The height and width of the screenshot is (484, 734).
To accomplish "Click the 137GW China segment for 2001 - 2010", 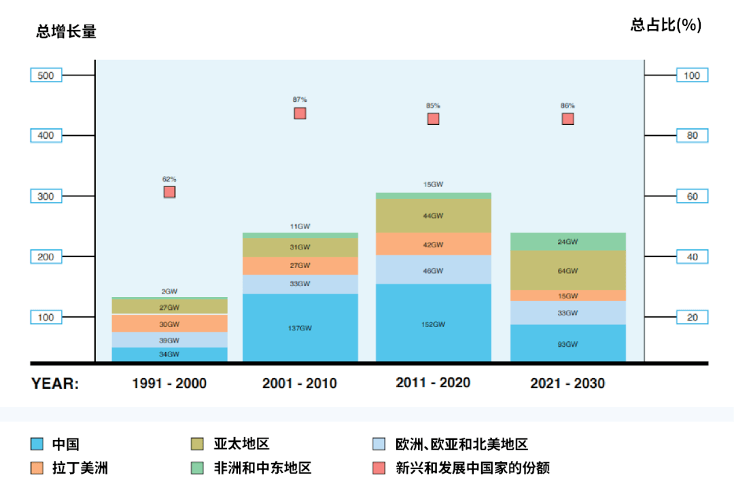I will [x=300, y=328].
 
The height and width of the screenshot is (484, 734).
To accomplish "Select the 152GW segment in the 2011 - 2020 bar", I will [x=433, y=324].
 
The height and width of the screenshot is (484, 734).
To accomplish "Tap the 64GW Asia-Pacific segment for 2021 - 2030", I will [x=567, y=271].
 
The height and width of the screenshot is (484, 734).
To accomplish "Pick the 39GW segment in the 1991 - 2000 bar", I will [x=170, y=340].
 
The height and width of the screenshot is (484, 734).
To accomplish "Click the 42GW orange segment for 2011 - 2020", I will [x=433, y=244].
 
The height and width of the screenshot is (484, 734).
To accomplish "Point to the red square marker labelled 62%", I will [x=169, y=192].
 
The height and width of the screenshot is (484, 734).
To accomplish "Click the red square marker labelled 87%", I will [x=300, y=113].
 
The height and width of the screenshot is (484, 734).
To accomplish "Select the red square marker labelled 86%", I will [x=567, y=119].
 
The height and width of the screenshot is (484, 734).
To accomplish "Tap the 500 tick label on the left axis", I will [x=46, y=75].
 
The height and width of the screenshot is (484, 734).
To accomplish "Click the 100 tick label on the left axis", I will [x=46, y=317].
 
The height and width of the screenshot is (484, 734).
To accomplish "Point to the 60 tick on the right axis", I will [x=692, y=196].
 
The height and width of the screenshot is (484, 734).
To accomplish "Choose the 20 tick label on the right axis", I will [x=692, y=317].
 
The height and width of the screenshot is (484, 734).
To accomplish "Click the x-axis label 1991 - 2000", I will [x=169, y=383].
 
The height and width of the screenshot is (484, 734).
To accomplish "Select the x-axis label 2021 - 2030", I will [x=567, y=383].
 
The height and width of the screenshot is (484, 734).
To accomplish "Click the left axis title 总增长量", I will [x=66, y=31].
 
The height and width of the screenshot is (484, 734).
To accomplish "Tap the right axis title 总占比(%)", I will [x=665, y=25].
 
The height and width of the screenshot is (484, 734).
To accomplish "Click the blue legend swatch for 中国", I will [x=37, y=445].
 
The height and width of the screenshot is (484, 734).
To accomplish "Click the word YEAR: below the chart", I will [x=55, y=383].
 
